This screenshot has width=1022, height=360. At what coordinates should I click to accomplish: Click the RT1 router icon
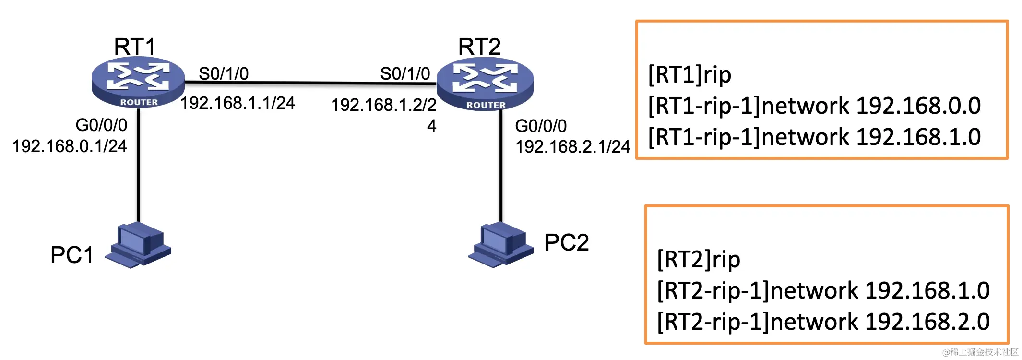(x=138, y=82)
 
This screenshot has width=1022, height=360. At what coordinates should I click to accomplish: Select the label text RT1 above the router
(x=135, y=47)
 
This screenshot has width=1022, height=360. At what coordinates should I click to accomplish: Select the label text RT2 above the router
(x=479, y=47)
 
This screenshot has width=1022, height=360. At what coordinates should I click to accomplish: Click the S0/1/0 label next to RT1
(x=224, y=73)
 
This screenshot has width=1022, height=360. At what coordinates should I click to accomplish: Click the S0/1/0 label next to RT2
(x=405, y=73)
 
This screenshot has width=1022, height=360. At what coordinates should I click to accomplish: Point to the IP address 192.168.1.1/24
(x=238, y=103)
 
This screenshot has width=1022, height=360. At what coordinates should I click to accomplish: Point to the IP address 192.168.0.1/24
(x=70, y=146)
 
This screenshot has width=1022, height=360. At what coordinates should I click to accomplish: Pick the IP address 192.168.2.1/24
(x=572, y=146)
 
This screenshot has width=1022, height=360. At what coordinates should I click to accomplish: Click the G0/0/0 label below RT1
(x=101, y=125)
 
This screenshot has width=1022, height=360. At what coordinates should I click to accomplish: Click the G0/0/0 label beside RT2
(x=541, y=126)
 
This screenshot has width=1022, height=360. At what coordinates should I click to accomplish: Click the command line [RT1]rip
(x=689, y=75)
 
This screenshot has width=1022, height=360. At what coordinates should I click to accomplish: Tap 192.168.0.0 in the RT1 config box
(x=918, y=106)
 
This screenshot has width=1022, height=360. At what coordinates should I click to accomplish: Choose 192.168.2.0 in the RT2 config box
(x=927, y=322)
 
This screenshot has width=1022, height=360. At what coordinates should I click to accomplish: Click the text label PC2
(x=567, y=242)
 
